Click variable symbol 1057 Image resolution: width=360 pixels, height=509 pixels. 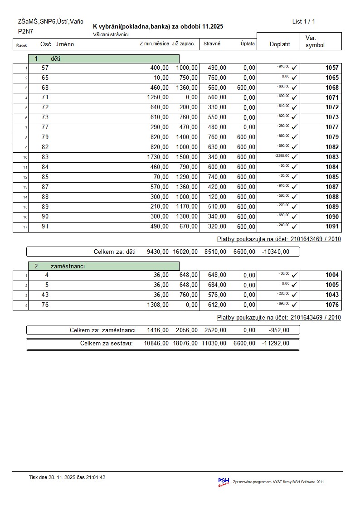pyautogui.click(x=332, y=68)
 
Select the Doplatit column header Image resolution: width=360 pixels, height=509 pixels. pyautogui.click(x=279, y=44)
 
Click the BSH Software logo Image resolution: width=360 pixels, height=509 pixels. pyautogui.click(x=224, y=482)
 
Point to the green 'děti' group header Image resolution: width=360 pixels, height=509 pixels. pyautogui.click(x=104, y=58)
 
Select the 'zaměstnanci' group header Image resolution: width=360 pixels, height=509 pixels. pyautogui.click(x=104, y=266)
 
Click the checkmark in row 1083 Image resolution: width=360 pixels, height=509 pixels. pyautogui.click(x=295, y=157)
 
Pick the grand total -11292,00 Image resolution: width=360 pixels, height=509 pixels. pyautogui.click(x=275, y=343)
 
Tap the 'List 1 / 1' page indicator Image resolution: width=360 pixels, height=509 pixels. pyautogui.click(x=304, y=21)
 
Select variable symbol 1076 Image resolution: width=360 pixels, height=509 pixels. pyautogui.click(x=332, y=305)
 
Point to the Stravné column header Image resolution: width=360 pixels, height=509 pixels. pyautogui.click(x=212, y=44)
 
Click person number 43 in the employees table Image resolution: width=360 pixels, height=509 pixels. pyautogui.click(x=46, y=295)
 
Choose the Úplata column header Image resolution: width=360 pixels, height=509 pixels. pyautogui.click(x=248, y=44)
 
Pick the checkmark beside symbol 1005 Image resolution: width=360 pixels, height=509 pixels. pyautogui.click(x=295, y=285)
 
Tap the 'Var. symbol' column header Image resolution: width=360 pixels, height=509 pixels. pyautogui.click(x=315, y=41)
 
